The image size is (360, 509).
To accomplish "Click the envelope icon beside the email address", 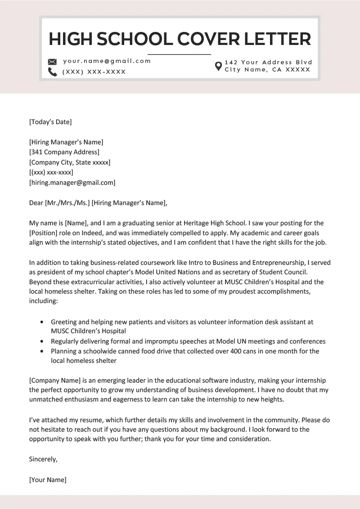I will coord(52,62).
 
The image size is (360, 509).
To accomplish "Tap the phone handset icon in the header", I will coord(52,72).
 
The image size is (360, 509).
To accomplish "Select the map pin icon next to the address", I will coord(218,66).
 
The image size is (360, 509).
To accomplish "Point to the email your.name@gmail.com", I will coord(107,61).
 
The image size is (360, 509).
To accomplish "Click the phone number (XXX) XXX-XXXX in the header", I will coord(94,72).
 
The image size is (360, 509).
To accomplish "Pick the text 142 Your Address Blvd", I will coord(268,63).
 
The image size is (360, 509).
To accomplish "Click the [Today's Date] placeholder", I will coord(50,122).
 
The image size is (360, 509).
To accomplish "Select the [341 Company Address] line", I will coord(64,152).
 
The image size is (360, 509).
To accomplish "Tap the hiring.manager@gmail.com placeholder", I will coord(72,183).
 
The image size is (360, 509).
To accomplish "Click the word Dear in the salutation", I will coord(36,203).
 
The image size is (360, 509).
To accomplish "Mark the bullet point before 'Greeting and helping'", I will coord(42,322).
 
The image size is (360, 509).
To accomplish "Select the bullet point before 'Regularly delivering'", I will coord(42,342).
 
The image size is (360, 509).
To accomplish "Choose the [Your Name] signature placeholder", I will coord(48,480).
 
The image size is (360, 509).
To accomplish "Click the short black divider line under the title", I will coord(180,54).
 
